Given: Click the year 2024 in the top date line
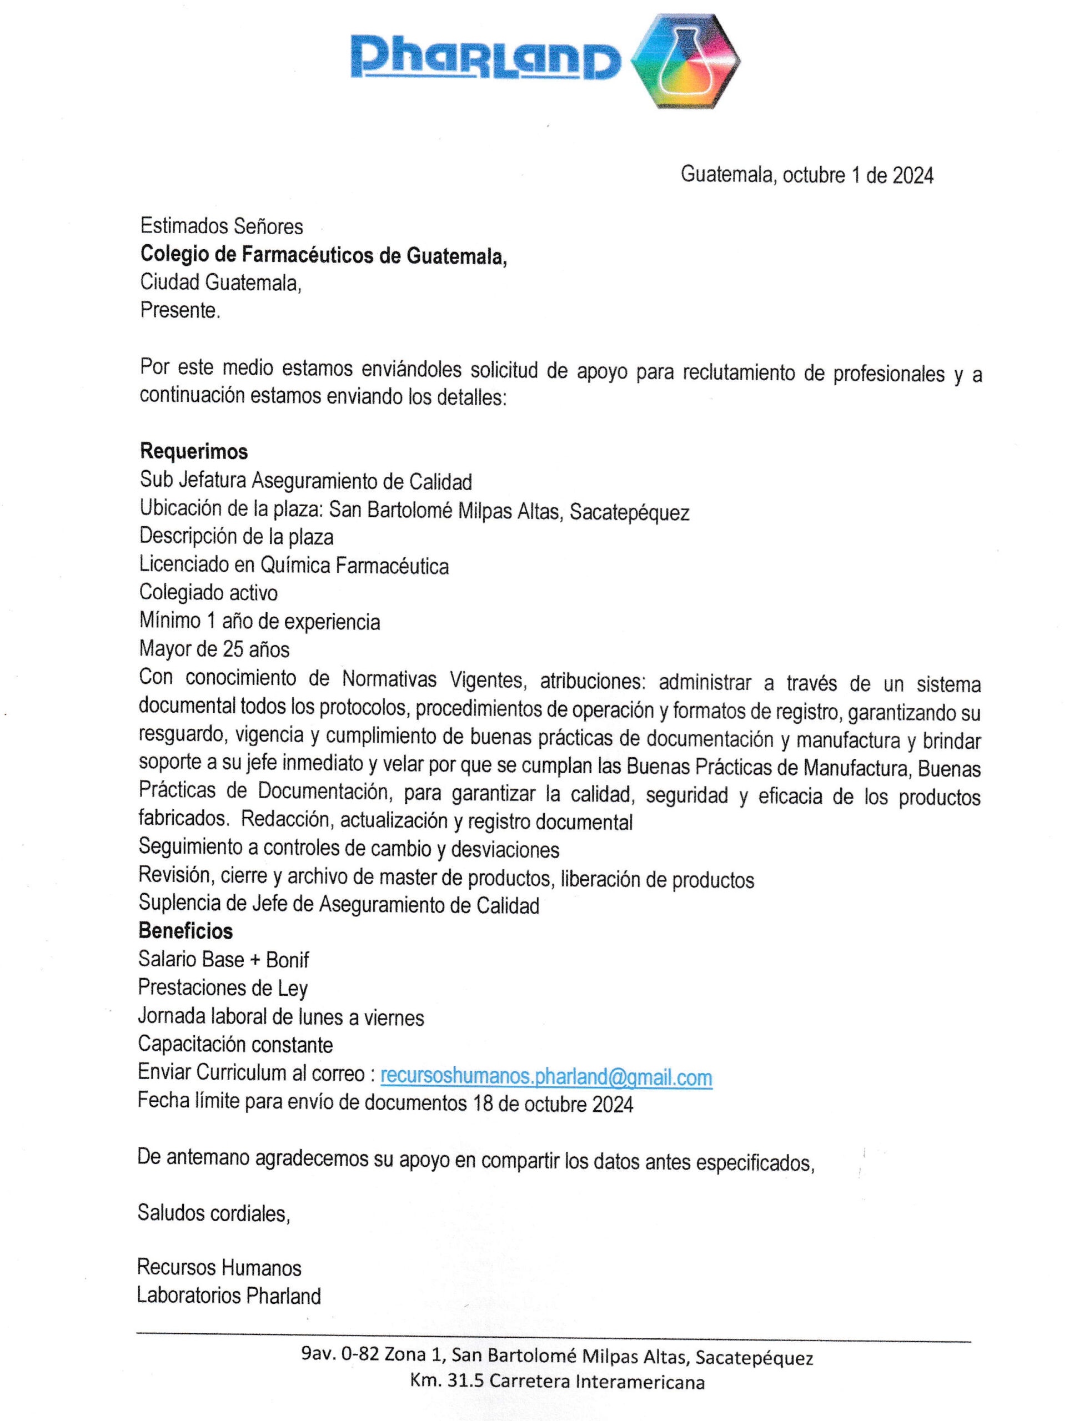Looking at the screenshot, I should [912, 175].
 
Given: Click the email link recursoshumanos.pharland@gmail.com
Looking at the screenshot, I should [546, 1077].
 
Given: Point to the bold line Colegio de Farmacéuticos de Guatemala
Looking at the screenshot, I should [323, 255].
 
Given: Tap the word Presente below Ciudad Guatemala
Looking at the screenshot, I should [180, 310].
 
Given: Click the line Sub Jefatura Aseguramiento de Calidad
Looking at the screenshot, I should [306, 481].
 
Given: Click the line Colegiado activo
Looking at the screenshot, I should [208, 592].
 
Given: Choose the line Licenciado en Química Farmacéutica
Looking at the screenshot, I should [294, 565].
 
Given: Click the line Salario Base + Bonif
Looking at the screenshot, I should [224, 959].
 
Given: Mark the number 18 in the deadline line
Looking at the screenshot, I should [483, 1103].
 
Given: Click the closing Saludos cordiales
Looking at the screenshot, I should [213, 1213].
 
